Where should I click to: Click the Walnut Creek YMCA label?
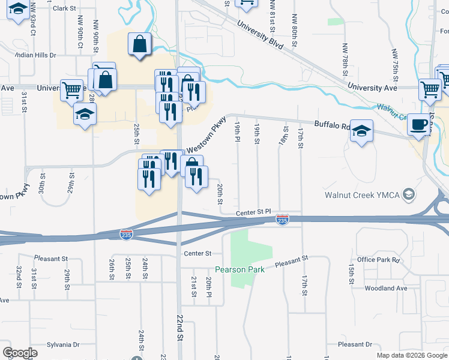363,194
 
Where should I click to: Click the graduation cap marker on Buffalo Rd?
361,131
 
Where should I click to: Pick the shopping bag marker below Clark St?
140,44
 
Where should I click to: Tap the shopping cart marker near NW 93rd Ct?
71,91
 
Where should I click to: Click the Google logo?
19,353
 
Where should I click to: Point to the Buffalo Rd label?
337,126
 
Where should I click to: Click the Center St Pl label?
253,213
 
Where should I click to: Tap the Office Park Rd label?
378,260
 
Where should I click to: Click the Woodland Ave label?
385,288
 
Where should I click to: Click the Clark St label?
65,8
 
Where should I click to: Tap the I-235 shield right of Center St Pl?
282,221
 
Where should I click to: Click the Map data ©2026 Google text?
411,355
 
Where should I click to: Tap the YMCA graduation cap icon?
409,194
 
